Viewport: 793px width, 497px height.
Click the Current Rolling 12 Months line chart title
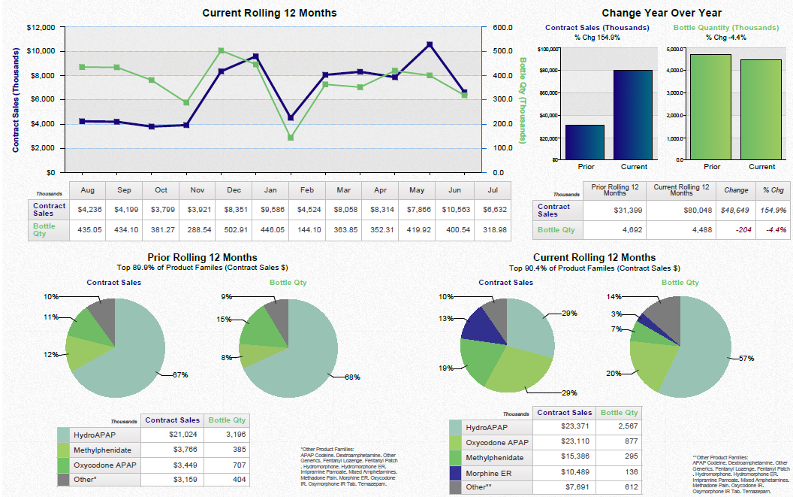coord(270,13)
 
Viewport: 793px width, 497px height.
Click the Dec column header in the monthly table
coord(234,191)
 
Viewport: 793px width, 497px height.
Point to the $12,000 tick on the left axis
coord(41,28)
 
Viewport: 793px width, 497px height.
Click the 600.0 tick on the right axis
coord(502,28)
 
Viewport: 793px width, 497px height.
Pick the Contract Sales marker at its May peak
coord(429,45)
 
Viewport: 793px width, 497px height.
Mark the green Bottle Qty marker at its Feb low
coord(291,138)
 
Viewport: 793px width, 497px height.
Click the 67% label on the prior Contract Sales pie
coord(179,374)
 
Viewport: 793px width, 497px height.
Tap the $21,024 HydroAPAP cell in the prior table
coord(173,435)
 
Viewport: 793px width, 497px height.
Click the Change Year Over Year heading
coord(662,13)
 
